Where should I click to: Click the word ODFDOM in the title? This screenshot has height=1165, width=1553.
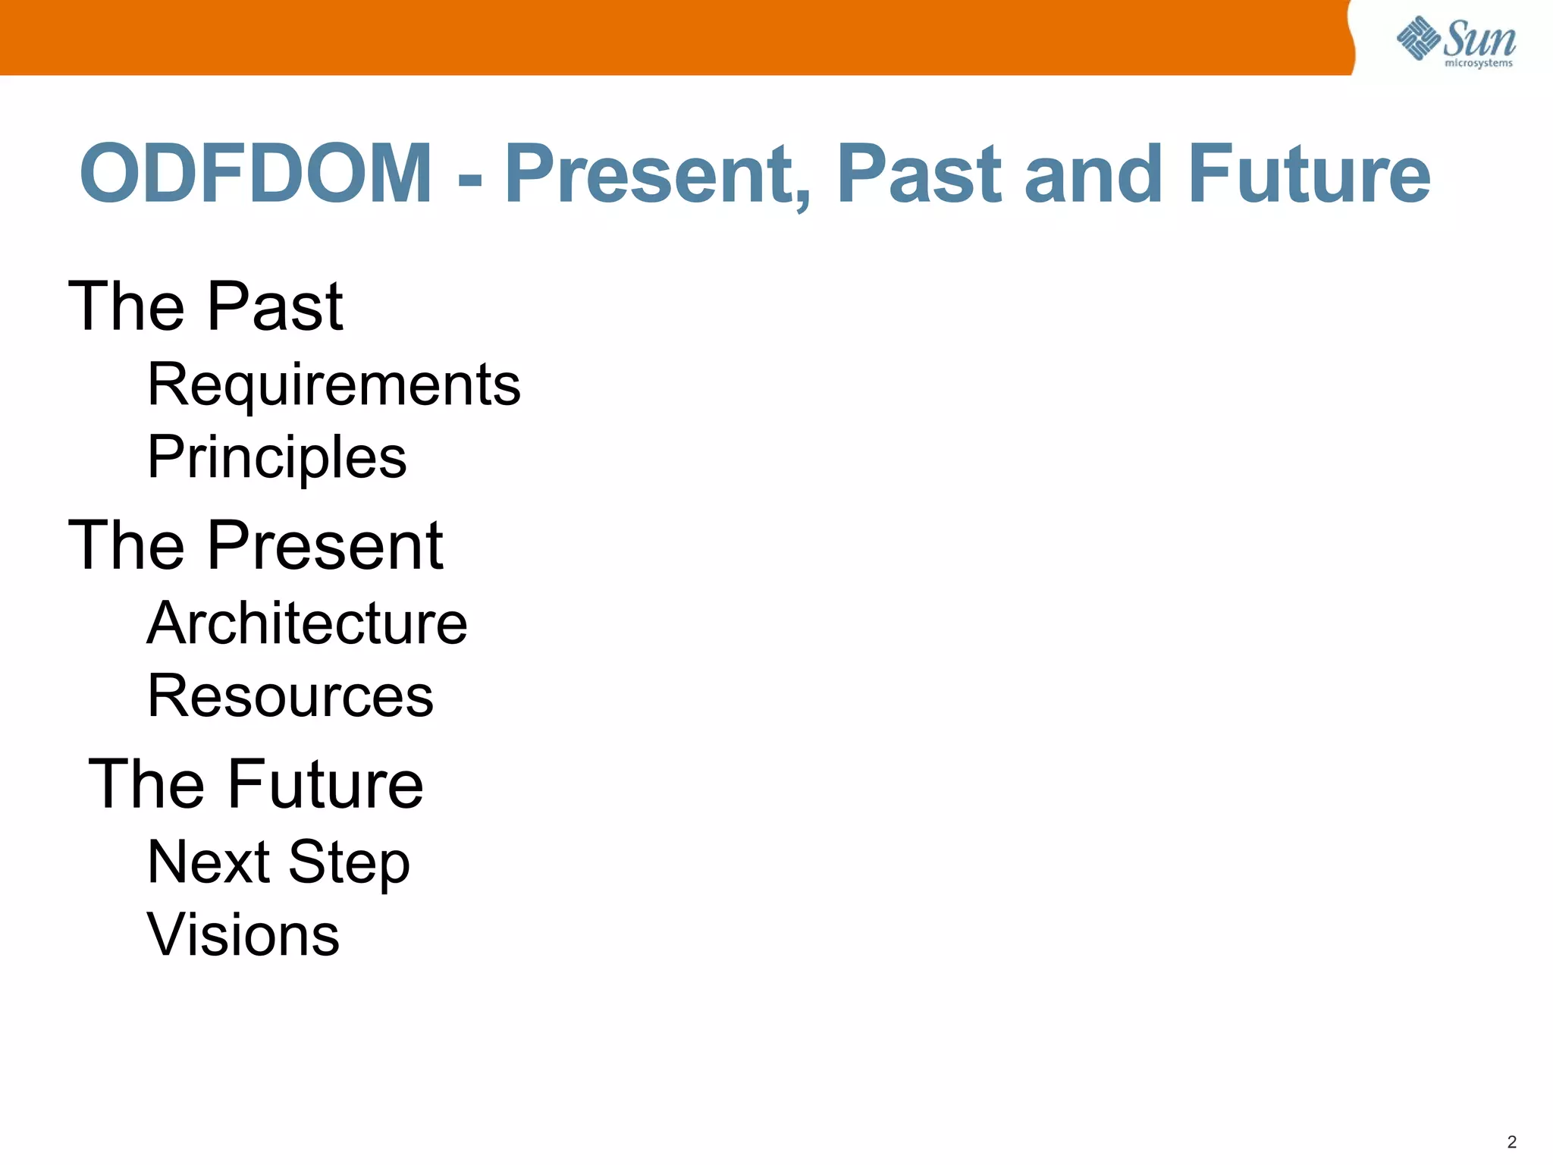[x=256, y=174]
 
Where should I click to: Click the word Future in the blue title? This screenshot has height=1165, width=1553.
[x=1309, y=174]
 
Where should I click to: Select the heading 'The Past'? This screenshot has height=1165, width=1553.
[x=205, y=306]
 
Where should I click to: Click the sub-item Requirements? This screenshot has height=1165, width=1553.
[x=334, y=385]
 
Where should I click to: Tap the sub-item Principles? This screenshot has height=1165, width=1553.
[x=277, y=457]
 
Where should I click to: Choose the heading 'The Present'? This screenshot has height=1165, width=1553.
[x=256, y=545]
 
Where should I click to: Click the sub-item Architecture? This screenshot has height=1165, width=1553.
[x=307, y=623]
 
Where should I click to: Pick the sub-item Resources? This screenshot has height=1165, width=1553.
[x=290, y=696]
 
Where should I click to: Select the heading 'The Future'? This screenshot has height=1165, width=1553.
[x=256, y=784]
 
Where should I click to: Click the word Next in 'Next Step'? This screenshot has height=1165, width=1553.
[x=209, y=862]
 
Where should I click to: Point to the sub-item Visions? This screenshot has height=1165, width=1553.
[x=243, y=935]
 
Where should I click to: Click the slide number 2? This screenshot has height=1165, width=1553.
[x=1511, y=1141]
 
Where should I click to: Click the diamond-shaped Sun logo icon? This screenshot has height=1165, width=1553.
[x=1417, y=38]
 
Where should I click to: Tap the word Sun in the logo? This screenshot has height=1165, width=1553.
[x=1479, y=38]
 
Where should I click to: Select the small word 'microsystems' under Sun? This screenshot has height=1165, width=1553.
[x=1479, y=64]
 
